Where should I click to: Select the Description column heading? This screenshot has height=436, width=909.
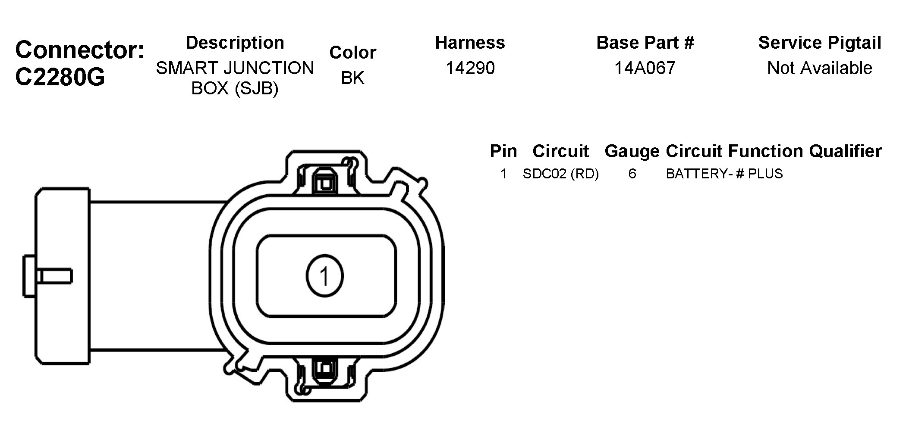[x=235, y=43]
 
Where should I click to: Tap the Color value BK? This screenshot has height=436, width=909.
[x=353, y=78]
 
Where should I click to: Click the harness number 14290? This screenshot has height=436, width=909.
[x=470, y=68]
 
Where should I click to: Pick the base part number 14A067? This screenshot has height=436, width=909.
[x=645, y=68]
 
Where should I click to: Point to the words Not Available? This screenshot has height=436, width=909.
[x=820, y=68]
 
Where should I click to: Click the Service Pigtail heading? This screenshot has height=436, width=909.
[x=820, y=43]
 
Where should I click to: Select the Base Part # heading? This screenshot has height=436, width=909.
[x=645, y=43]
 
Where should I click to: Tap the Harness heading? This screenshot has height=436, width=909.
[x=470, y=43]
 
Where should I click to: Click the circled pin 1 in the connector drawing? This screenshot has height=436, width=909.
[x=325, y=276]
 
